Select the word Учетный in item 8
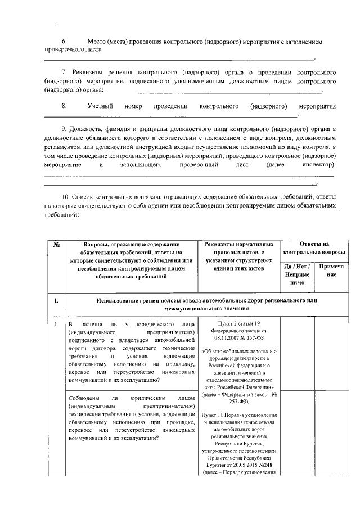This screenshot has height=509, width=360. click(x=100, y=106)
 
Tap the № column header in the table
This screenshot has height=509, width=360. click(x=56, y=244)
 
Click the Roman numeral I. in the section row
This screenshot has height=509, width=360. click(x=56, y=300)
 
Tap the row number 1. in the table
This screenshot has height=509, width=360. click(x=56, y=325)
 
